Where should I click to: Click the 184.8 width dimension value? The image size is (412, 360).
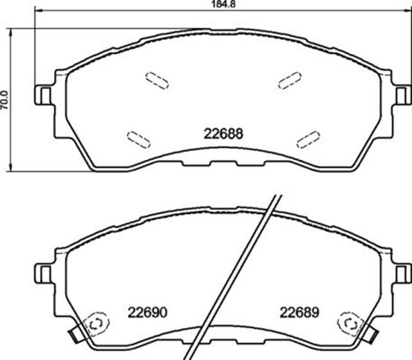[223, 4]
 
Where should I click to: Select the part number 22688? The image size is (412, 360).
[223, 134]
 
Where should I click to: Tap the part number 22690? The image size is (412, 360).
[147, 313]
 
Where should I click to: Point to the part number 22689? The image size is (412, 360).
[299, 313]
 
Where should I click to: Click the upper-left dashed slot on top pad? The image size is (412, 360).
[157, 81]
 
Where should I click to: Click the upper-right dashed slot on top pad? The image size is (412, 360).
[290, 81]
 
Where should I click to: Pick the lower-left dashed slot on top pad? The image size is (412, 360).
[138, 140]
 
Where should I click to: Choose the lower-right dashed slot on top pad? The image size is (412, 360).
[308, 140]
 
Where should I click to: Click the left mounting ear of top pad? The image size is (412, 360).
[43, 95]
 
